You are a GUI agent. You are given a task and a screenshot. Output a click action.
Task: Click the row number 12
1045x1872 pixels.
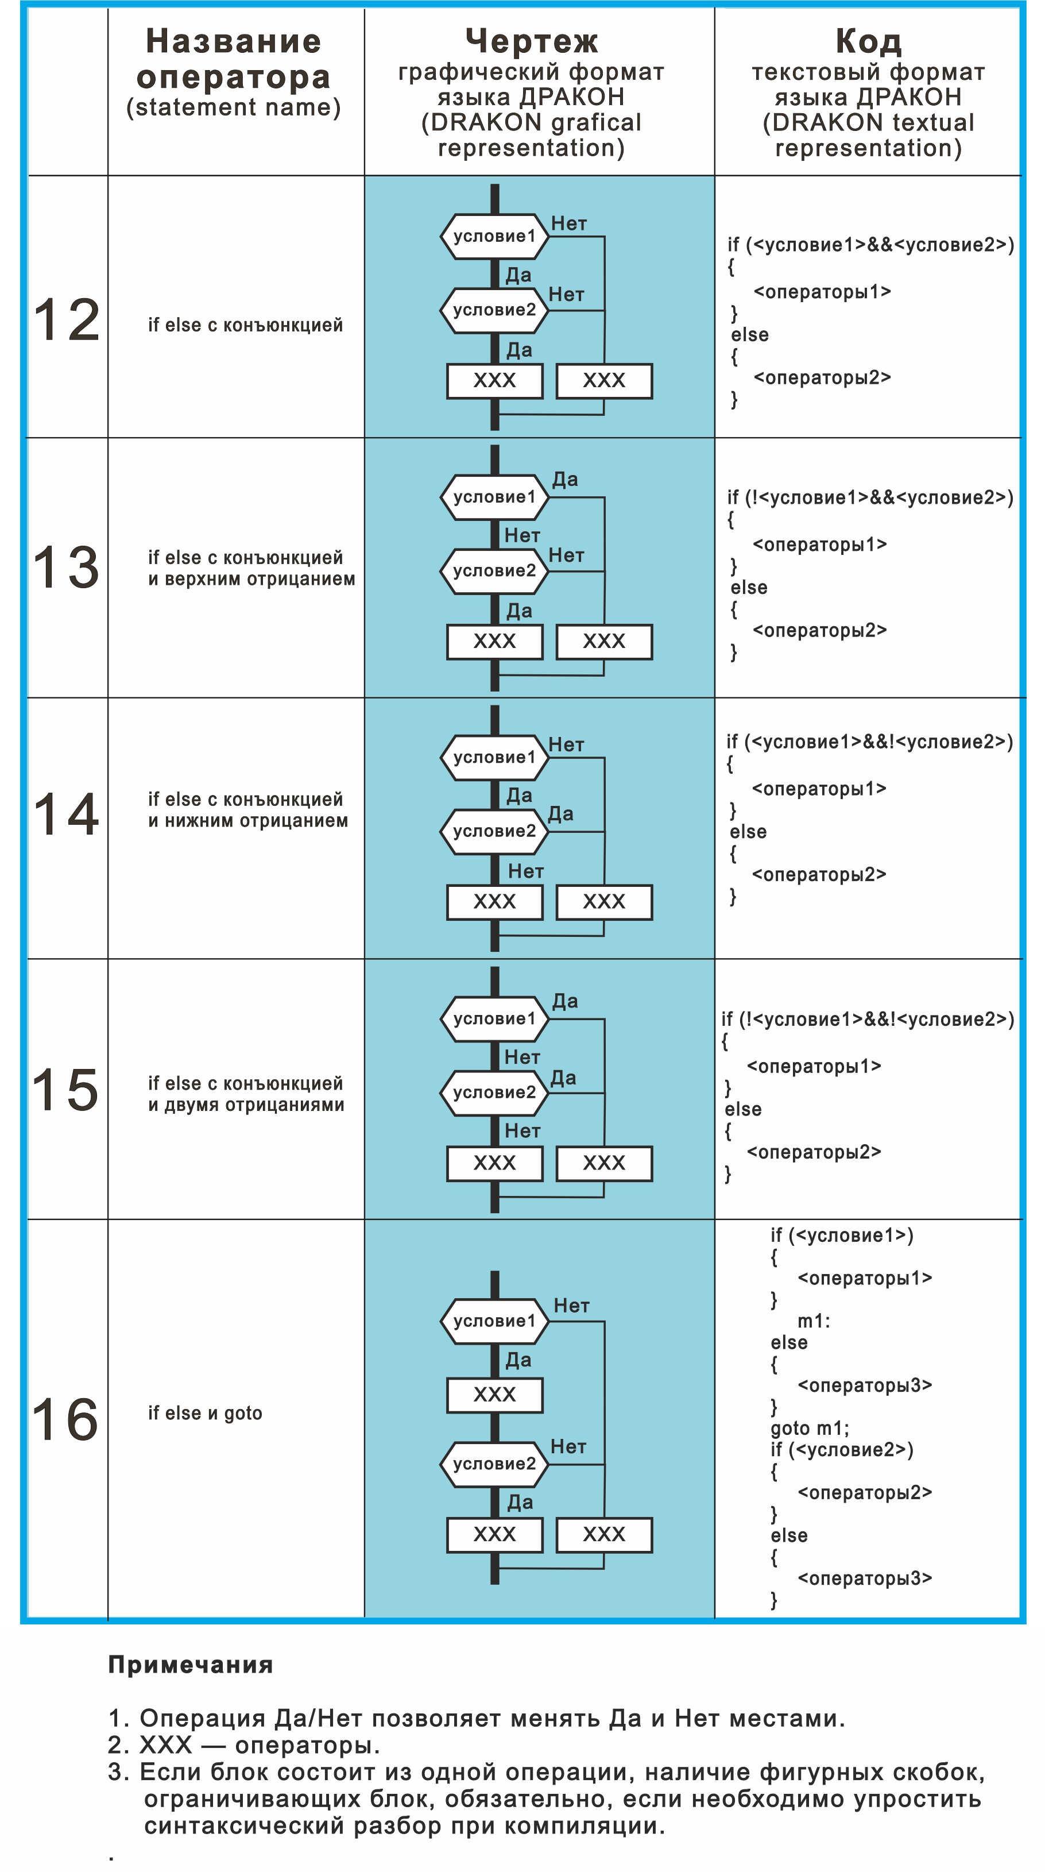tap(67, 320)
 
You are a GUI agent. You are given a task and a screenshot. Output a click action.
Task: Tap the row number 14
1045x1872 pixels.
tap(67, 815)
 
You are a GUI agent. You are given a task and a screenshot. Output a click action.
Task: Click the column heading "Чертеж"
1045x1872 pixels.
tap(532, 41)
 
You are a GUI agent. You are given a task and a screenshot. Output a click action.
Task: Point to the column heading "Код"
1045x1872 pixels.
tap(869, 41)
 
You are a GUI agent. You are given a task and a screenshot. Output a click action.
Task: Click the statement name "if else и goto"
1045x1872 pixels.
tap(205, 1414)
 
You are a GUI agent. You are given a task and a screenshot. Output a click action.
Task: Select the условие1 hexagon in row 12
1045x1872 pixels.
tap(494, 236)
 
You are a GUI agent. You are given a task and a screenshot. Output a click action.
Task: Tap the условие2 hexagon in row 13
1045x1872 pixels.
tap(494, 571)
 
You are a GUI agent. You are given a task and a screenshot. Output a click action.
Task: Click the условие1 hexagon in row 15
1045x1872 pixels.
tap(494, 1019)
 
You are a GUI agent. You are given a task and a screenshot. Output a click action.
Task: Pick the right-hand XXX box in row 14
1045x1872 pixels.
tap(604, 902)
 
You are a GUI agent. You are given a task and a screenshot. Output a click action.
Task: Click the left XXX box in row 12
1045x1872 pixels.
tap(494, 381)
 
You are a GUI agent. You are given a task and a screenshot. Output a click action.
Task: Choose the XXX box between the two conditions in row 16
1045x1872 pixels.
tap(494, 1395)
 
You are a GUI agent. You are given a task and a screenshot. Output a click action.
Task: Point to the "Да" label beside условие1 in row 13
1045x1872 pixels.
tap(565, 480)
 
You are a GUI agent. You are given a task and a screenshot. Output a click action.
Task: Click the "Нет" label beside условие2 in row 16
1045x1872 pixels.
tap(568, 1447)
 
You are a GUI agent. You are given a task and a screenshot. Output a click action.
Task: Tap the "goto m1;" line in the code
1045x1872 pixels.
tap(810, 1429)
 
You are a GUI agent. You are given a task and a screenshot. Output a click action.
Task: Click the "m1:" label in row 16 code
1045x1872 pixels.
tap(814, 1321)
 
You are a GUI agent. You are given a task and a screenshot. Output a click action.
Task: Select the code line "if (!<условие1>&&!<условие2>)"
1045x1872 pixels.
tap(868, 1020)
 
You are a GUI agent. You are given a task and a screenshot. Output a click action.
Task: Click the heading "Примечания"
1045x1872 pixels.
tap(190, 1665)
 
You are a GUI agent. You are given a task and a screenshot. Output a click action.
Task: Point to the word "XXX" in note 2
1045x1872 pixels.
tap(165, 1745)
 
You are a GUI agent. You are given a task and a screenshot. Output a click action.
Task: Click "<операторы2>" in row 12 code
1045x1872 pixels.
tap(822, 378)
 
